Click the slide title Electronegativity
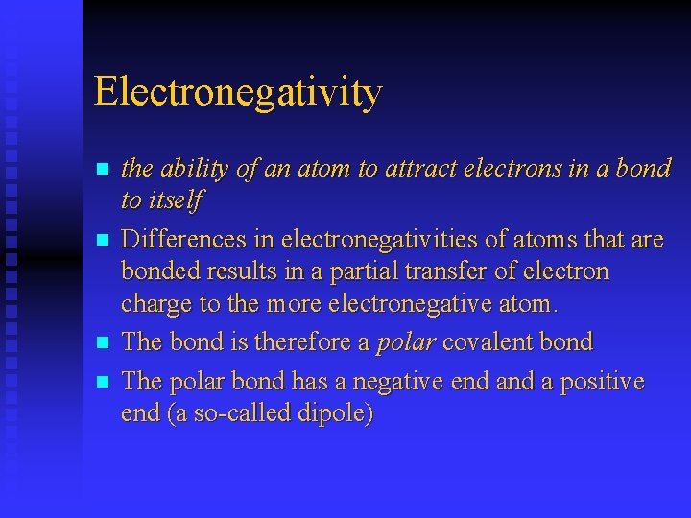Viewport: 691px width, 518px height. coord(238,93)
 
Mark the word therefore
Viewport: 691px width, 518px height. coord(298,342)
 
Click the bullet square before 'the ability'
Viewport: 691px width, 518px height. coord(104,170)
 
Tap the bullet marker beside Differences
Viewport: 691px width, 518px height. coord(104,240)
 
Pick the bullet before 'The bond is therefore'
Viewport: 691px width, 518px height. coord(104,342)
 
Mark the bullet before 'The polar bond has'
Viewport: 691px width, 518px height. coord(104,382)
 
